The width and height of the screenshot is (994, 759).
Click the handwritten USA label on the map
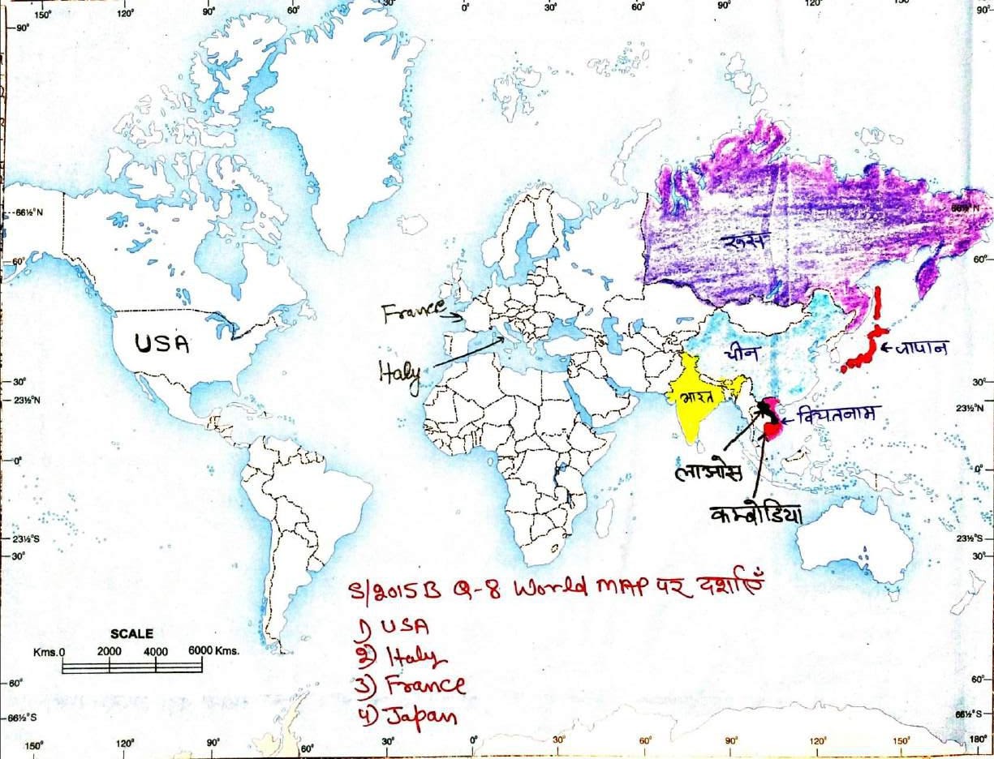(x=161, y=344)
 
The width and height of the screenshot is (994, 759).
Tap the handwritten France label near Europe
(x=413, y=311)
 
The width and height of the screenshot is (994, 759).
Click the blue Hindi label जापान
(x=921, y=349)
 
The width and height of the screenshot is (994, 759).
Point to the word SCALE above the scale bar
(x=131, y=634)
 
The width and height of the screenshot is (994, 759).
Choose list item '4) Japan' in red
(x=406, y=715)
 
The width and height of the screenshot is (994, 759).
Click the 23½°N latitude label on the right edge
(x=979, y=409)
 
